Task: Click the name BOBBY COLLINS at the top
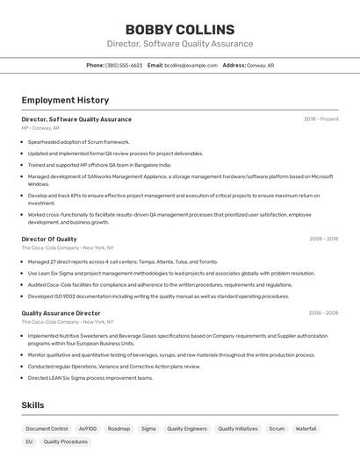click(x=180, y=30)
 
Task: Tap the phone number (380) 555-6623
click(x=124, y=65)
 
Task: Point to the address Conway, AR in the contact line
click(x=260, y=65)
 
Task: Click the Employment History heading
click(x=65, y=100)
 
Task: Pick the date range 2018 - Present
click(x=320, y=119)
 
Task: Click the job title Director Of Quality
click(x=49, y=239)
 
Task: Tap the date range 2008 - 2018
click(x=323, y=239)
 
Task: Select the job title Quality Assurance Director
click(x=61, y=312)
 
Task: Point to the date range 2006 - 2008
click(x=323, y=312)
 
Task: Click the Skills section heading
click(x=32, y=404)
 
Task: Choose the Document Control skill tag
click(x=47, y=429)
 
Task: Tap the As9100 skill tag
click(x=88, y=429)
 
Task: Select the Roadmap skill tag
click(x=119, y=429)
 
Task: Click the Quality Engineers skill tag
click(x=187, y=429)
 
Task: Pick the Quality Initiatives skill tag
click(x=237, y=429)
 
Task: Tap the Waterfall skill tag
click(x=306, y=429)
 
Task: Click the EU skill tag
click(x=29, y=442)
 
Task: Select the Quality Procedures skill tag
click(x=66, y=442)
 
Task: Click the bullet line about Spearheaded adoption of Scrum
click(x=78, y=141)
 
